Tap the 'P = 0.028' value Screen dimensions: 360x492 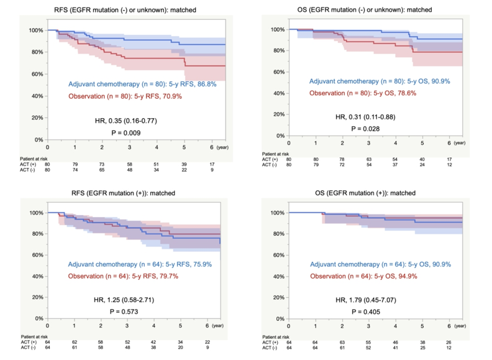pos(365,129)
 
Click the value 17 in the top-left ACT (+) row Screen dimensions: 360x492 pos(212,163)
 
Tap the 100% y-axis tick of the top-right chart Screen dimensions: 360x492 pos(278,30)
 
